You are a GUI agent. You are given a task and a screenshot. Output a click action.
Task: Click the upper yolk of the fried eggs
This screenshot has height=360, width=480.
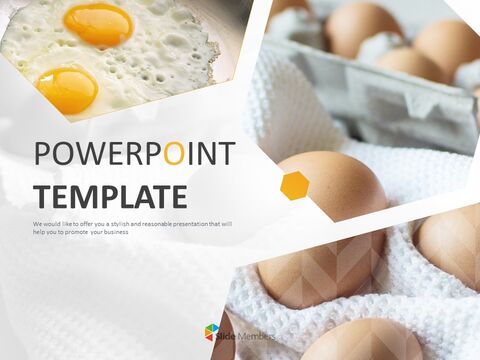(x=98, y=23)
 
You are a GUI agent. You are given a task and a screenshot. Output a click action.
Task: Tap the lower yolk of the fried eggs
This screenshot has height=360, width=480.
(x=66, y=89)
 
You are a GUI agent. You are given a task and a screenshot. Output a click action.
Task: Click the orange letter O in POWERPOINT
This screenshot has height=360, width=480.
(x=173, y=155)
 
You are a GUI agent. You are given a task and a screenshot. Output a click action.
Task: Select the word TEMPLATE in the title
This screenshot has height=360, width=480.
(x=110, y=195)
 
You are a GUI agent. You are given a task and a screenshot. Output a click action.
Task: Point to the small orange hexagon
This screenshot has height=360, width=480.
(x=294, y=185)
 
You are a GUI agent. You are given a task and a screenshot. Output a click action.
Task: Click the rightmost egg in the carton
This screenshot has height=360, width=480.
(x=447, y=45)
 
